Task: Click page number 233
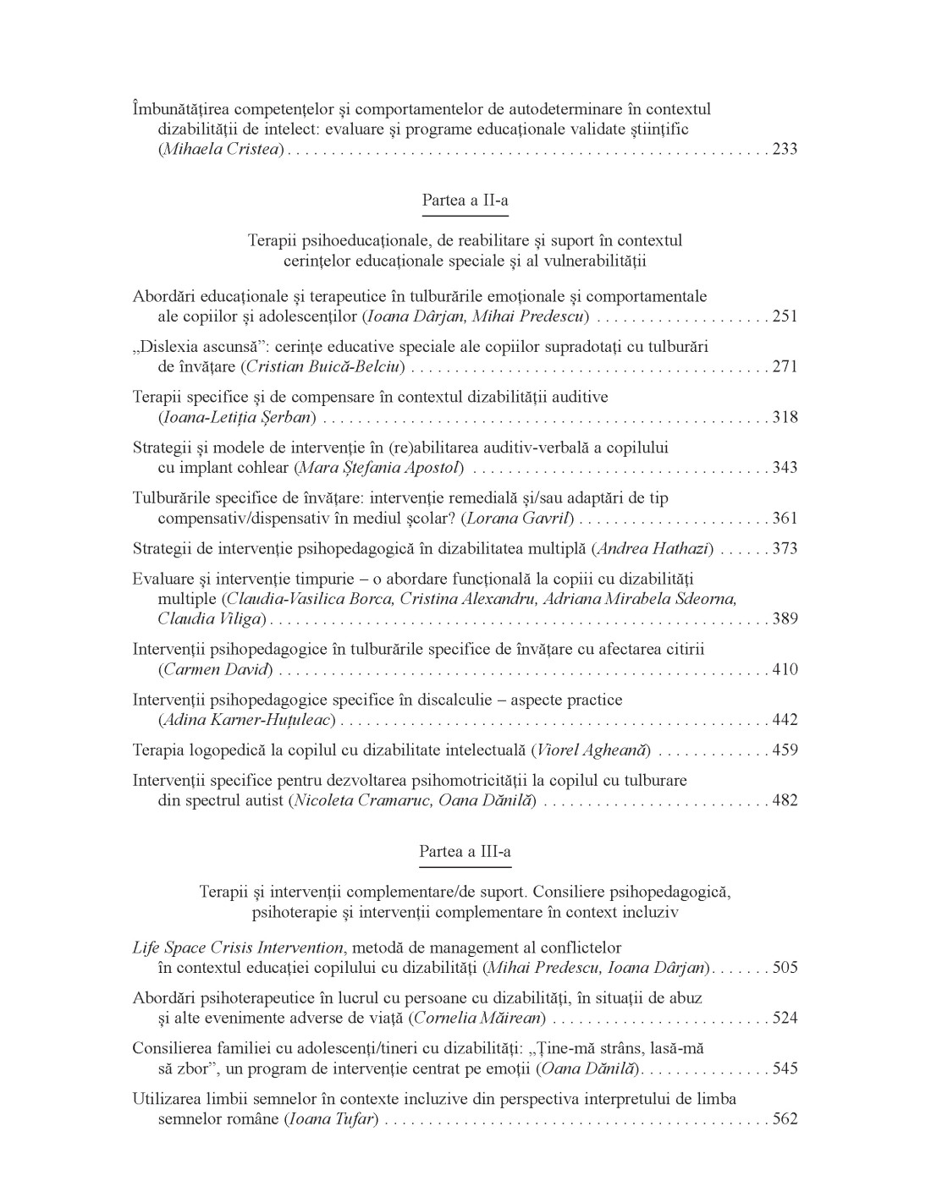(785, 150)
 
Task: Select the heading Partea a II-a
(465, 200)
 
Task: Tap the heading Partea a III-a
(465, 852)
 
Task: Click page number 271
(785, 367)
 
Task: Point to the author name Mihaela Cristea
(221, 150)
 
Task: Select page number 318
(785, 417)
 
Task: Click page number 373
(785, 549)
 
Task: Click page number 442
(785, 721)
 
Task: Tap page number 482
(785, 800)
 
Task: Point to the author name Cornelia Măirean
(478, 1019)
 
